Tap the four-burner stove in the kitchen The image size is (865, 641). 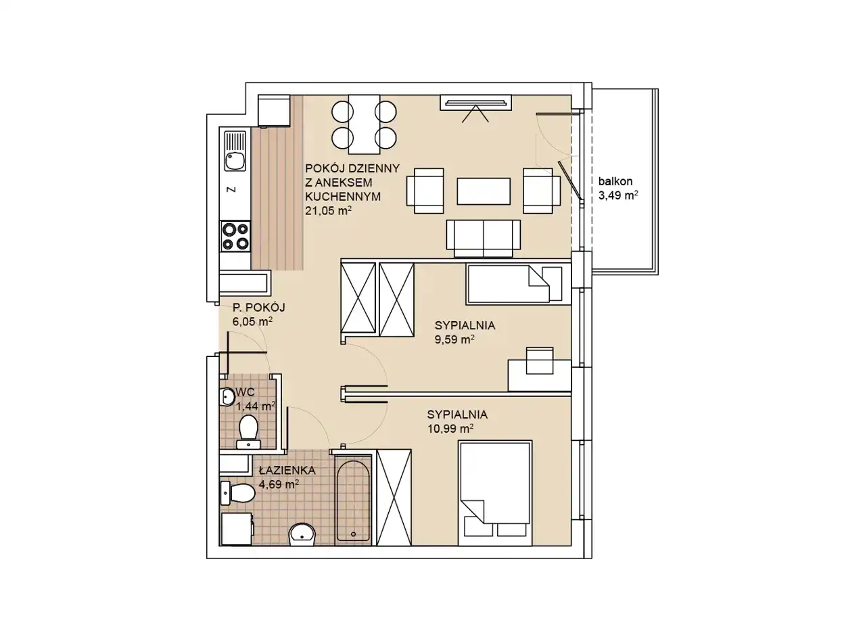(x=235, y=237)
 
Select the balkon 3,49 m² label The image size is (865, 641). (x=618, y=189)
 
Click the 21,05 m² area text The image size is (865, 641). (x=329, y=211)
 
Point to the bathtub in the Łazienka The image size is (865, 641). (x=353, y=502)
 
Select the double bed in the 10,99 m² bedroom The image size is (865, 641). (x=495, y=493)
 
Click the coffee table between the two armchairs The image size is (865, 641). (x=483, y=191)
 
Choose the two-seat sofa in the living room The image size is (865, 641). (x=483, y=238)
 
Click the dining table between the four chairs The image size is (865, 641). (x=364, y=124)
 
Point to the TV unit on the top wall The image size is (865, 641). (x=475, y=103)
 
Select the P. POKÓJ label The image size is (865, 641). (x=258, y=308)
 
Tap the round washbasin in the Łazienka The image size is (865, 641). (x=302, y=533)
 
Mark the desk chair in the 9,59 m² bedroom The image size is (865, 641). (x=540, y=360)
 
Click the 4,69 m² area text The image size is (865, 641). (x=279, y=484)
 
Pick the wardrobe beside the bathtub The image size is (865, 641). (x=394, y=497)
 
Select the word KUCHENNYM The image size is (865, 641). (x=343, y=197)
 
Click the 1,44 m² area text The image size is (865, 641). (x=256, y=406)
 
